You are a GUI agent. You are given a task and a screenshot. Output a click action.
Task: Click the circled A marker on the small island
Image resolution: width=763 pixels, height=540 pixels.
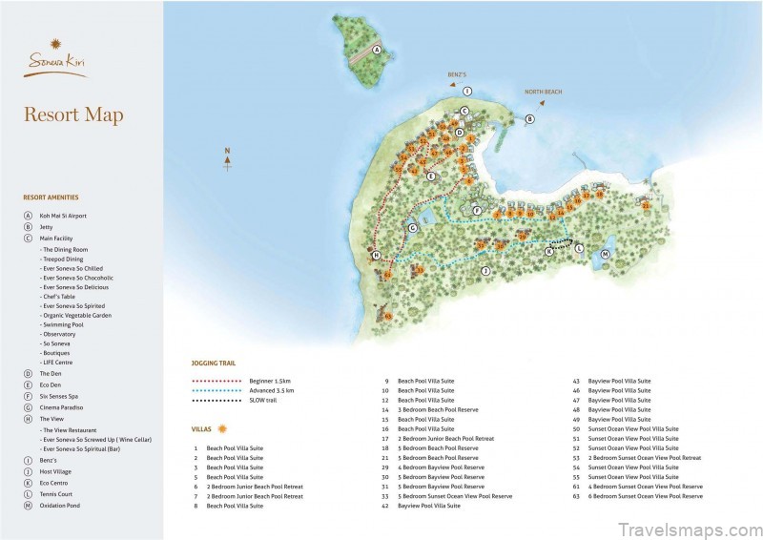click(x=377, y=50)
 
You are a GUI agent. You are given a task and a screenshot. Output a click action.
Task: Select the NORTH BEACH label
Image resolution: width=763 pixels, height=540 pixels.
click(x=543, y=93)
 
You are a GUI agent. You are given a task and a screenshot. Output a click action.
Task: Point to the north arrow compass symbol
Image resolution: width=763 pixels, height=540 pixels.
click(x=227, y=159)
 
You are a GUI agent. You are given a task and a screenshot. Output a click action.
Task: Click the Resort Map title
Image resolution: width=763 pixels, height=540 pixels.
click(x=73, y=115)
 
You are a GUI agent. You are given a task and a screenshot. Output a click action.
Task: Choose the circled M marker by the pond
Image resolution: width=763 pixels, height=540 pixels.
click(x=605, y=254)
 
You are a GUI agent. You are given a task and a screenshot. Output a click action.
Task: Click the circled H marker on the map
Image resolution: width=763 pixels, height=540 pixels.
click(x=377, y=256)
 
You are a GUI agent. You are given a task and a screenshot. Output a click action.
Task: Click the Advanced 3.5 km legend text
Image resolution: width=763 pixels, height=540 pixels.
click(x=273, y=390)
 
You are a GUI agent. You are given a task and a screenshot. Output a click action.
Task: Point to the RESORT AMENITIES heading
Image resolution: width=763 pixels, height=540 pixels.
click(x=53, y=197)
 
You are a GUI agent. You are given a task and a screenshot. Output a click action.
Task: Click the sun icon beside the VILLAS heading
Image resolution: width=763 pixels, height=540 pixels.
click(x=222, y=428)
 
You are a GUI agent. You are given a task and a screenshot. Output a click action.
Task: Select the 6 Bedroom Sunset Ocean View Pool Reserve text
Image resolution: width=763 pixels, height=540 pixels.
click(x=645, y=496)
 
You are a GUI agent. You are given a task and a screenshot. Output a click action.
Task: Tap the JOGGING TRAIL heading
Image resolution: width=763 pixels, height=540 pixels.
click(x=214, y=363)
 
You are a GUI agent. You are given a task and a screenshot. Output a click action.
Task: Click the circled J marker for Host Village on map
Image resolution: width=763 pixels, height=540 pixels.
click(x=485, y=271)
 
